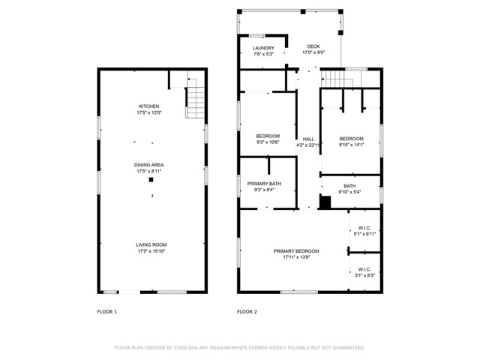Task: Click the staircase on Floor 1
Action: [x=195, y=97]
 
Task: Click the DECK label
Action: [x=313, y=49]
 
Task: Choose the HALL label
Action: [x=308, y=139]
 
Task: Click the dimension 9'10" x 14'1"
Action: [x=351, y=145]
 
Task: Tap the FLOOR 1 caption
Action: [x=107, y=311]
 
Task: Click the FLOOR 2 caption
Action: [x=247, y=311]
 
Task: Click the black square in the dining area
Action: [x=151, y=180]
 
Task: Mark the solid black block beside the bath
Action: [x=325, y=202]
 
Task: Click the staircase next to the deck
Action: [x=339, y=79]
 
